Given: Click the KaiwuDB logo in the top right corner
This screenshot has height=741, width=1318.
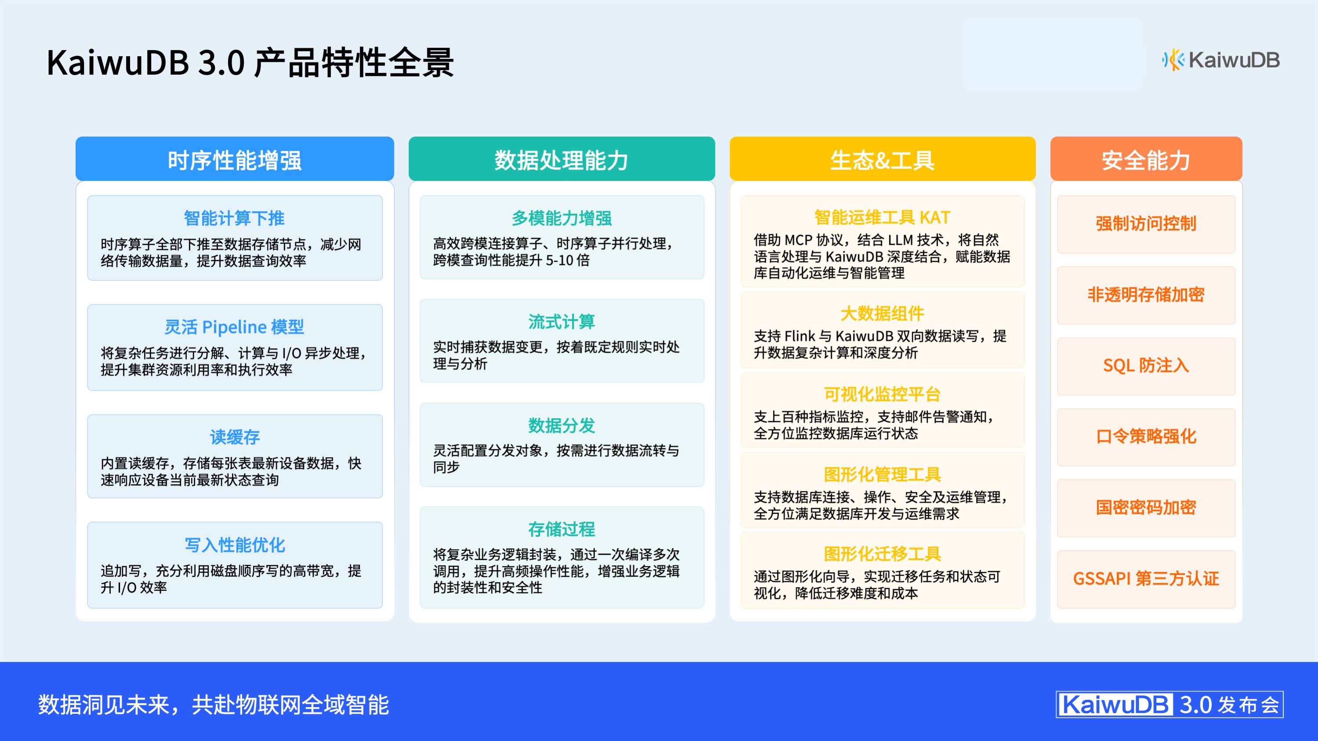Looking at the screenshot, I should [x=1221, y=60].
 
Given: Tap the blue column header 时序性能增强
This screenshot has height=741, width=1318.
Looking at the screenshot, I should [x=234, y=159].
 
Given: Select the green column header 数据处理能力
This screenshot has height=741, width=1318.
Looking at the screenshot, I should [x=561, y=159].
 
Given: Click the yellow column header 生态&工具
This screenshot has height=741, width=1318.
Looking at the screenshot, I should [x=882, y=159].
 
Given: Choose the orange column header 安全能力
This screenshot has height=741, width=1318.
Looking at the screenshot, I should [x=1146, y=159].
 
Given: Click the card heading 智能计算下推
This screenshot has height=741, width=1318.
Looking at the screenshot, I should [x=234, y=218].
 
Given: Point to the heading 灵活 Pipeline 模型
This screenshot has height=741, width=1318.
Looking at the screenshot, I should [x=234, y=327].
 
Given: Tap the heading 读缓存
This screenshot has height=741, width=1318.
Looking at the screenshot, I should [x=234, y=437].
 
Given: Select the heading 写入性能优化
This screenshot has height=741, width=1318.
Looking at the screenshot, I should [x=234, y=545].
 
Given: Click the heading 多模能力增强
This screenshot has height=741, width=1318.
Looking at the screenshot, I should [x=561, y=218].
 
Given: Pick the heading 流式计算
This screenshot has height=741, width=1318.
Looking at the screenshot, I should [x=561, y=322].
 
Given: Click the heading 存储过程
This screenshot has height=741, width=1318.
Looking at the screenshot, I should [x=561, y=529].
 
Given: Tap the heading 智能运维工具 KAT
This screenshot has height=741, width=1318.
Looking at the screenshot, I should [x=882, y=217].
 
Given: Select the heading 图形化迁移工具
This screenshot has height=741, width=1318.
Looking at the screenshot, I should [x=882, y=554].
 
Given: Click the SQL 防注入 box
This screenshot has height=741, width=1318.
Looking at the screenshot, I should [x=1146, y=365].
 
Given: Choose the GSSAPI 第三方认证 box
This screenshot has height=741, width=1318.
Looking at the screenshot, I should [x=1146, y=579].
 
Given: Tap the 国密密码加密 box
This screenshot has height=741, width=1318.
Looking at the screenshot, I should [x=1146, y=508].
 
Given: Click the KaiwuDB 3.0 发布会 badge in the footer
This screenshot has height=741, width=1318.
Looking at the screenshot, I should [x=1169, y=705].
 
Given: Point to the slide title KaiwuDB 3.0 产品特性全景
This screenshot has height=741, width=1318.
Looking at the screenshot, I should [x=250, y=63].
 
